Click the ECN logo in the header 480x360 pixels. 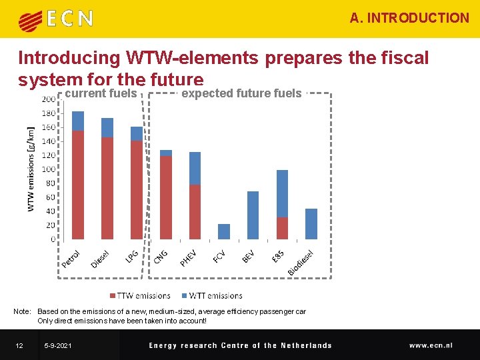click(55, 19)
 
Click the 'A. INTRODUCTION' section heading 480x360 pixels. click(409, 18)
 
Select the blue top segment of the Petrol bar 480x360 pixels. click(78, 121)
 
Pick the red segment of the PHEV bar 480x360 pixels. click(195, 212)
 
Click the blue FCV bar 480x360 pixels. click(224, 231)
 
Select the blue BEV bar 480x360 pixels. click(253, 215)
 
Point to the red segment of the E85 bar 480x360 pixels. click(283, 228)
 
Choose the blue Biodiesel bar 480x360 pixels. click(311, 224)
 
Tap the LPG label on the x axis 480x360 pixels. click(132, 256)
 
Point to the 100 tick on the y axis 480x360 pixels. click(49, 169)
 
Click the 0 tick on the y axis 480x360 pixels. click(53, 239)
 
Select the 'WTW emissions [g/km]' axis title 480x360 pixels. click(31, 169)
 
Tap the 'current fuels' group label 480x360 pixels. click(101, 94)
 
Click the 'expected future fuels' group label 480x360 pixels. click(241, 94)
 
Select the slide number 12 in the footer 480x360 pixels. click(20, 345)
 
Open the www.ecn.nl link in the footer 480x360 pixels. click(431, 345)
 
